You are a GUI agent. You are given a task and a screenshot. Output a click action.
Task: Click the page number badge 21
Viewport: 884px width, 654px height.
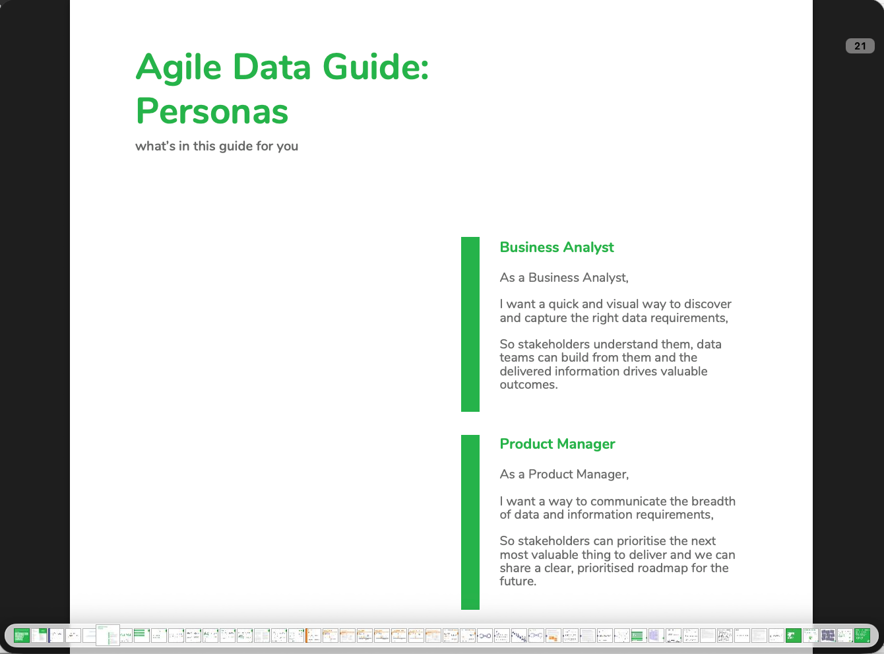click(x=860, y=46)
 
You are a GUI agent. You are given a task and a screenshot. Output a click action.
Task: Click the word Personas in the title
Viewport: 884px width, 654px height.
click(x=212, y=111)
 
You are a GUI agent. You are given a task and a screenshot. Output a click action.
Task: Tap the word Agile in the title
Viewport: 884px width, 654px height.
click(x=178, y=67)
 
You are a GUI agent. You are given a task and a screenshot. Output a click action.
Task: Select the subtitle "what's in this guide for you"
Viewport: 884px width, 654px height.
click(x=216, y=146)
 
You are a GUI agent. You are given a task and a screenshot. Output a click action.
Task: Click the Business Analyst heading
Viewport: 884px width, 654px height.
click(x=556, y=247)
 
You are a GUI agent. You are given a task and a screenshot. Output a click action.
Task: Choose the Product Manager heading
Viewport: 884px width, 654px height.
click(x=557, y=444)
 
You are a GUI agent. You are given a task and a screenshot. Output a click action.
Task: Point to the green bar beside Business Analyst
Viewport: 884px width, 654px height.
click(x=470, y=324)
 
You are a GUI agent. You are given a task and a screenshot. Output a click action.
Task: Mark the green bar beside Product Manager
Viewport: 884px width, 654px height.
click(x=470, y=521)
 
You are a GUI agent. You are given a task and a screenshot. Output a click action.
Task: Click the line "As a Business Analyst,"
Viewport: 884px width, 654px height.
click(x=563, y=278)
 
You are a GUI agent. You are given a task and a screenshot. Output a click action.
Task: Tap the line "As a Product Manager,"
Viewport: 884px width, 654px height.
click(x=564, y=474)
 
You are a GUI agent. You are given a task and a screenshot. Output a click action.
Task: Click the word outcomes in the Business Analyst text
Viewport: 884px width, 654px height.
click(x=528, y=385)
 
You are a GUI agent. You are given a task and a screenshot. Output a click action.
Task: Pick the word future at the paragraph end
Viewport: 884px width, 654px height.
click(x=517, y=581)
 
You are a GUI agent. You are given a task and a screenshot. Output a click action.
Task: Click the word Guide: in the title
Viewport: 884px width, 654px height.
click(x=375, y=67)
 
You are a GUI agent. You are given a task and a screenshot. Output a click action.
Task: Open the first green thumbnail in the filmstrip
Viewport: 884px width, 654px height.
click(x=22, y=636)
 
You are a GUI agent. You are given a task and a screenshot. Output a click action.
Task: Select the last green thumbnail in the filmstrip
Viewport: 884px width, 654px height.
click(x=862, y=636)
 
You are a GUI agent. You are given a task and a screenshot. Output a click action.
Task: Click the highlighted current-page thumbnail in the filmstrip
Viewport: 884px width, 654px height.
click(x=108, y=635)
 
